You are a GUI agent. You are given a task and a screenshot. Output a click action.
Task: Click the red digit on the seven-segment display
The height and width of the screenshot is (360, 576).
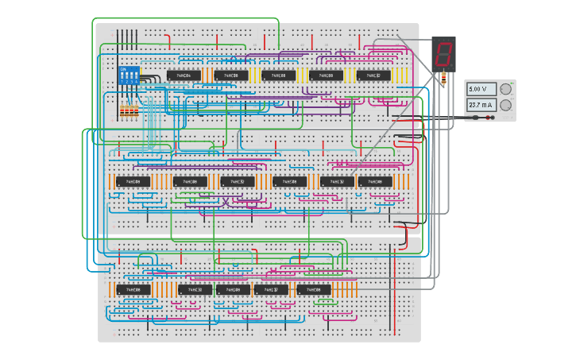(x=443, y=54)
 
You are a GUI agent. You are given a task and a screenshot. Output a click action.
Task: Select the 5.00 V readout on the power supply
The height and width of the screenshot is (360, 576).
(x=481, y=89)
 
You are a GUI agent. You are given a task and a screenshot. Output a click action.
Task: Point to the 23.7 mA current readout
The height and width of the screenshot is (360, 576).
(x=481, y=105)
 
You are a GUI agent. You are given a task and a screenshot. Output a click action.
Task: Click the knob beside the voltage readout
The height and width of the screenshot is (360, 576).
(x=504, y=89)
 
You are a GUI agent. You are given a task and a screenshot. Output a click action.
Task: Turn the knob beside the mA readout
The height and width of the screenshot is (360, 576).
(x=504, y=105)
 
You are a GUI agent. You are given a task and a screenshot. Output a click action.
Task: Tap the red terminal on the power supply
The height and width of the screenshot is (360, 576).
(x=491, y=118)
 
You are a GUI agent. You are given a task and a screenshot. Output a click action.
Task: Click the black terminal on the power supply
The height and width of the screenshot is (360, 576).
(x=477, y=118)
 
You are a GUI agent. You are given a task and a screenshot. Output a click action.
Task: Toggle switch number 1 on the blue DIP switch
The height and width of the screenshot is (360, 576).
(x=122, y=78)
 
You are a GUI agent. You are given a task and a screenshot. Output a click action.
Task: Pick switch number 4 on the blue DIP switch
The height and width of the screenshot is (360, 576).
(x=137, y=78)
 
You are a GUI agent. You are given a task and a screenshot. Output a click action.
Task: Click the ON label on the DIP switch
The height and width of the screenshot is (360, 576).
(x=123, y=69)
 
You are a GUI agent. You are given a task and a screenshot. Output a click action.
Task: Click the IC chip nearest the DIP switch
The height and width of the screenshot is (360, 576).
(x=183, y=75)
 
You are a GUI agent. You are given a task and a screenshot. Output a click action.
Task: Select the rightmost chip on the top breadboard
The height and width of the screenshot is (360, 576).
(x=373, y=75)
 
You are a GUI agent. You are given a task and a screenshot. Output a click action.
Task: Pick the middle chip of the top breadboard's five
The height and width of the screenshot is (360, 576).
(x=278, y=75)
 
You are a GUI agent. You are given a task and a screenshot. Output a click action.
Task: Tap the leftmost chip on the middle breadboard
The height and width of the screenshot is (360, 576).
(x=133, y=182)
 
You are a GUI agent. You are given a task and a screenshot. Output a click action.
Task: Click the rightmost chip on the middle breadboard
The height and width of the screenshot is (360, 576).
(x=375, y=182)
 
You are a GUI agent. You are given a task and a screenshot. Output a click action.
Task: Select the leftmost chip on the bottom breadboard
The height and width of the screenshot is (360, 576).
(x=133, y=290)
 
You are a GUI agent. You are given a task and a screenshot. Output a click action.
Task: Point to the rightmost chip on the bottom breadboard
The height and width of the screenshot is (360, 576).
(x=314, y=290)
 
